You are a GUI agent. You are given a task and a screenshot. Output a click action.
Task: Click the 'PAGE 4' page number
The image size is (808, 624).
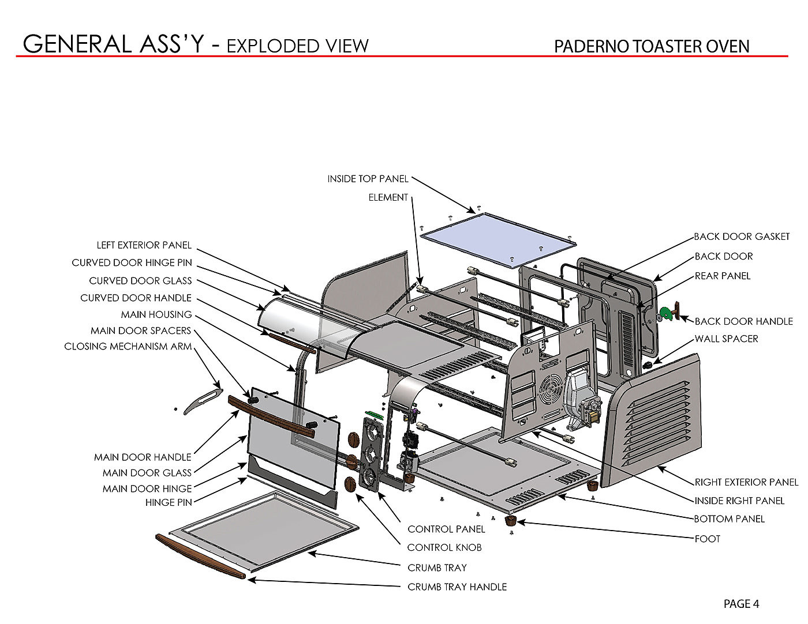coord(741,604)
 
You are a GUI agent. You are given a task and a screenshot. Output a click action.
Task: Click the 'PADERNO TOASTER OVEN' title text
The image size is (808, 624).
coord(652,46)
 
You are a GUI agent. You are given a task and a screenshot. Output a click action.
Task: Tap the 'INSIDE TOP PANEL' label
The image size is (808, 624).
coord(368,179)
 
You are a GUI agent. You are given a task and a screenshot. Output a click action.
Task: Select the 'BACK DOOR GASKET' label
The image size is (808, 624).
coord(742,236)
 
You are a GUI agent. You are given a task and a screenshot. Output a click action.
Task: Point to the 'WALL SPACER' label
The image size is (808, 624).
coord(726,339)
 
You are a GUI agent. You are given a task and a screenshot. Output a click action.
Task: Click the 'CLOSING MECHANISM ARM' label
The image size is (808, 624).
coord(128,347)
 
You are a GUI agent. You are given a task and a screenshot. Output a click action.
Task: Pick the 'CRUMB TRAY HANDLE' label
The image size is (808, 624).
coord(457,587)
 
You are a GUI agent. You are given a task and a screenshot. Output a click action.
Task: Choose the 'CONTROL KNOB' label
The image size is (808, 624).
coord(444,547)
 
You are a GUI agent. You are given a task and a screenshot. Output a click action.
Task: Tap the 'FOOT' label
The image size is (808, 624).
coord(707,539)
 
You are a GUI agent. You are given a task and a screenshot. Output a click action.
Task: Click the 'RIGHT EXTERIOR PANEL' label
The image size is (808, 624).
coord(746,482)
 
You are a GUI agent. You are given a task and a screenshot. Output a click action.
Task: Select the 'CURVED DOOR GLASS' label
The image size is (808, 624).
coord(140,281)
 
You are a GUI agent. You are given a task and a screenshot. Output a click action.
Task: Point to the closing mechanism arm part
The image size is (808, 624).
coord(203,399)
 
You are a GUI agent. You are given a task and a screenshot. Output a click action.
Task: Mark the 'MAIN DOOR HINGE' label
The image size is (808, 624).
coord(147,488)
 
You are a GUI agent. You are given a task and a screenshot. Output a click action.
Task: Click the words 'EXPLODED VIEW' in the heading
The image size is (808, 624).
coord(297,46)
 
